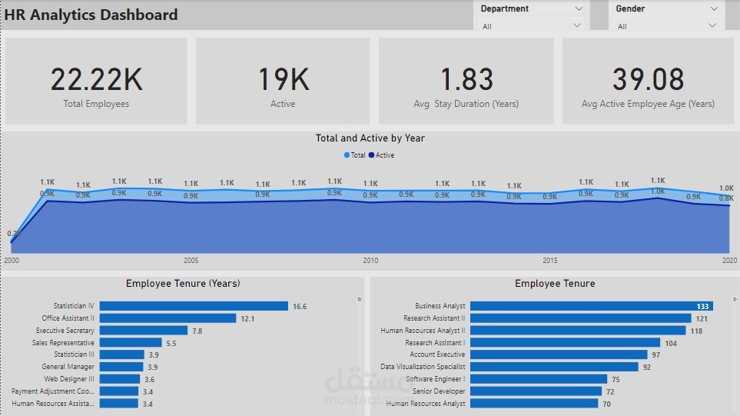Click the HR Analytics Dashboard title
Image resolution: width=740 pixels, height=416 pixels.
click(x=91, y=15)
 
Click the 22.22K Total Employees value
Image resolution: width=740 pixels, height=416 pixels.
click(x=96, y=79)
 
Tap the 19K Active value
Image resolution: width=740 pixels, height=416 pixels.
click(x=283, y=79)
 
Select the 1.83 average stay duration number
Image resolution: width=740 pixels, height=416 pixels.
click(x=466, y=79)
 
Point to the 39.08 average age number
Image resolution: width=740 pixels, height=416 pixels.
click(x=648, y=79)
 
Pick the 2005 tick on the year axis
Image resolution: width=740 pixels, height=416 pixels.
click(x=191, y=261)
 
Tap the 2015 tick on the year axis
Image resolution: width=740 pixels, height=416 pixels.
click(x=549, y=261)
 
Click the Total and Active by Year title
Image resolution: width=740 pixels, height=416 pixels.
click(x=370, y=138)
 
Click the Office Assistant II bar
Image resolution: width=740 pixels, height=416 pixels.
click(x=168, y=318)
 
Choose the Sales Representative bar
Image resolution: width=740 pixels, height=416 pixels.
click(x=131, y=343)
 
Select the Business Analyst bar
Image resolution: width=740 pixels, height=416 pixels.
click(x=591, y=306)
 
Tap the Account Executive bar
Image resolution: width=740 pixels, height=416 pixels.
click(x=559, y=354)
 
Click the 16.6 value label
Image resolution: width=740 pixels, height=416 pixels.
click(x=300, y=306)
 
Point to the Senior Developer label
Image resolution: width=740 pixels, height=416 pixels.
click(x=439, y=391)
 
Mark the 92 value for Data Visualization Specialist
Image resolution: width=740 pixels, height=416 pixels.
click(x=647, y=367)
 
